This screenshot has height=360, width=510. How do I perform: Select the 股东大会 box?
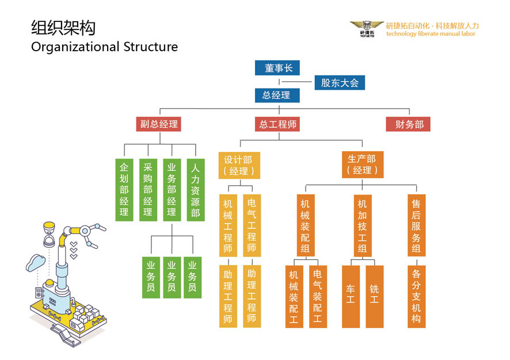coord(340,83)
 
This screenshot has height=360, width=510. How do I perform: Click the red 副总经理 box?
coord(159,124)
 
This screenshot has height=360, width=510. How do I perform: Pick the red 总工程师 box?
coord(279,124)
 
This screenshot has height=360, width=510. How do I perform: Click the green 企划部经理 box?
coord(124,190)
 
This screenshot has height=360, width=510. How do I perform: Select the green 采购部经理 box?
coord(148,190)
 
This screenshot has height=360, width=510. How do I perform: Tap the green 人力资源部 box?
coord(195,190)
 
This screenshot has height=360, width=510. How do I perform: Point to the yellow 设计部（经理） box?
coord(239,164)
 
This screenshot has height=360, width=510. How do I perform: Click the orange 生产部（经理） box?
coord(362,164)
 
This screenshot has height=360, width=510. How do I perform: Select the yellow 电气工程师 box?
coord(252,225)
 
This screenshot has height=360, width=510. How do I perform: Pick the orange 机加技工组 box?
coord(362,225)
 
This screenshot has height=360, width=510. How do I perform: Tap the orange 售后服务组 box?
coord(416,225)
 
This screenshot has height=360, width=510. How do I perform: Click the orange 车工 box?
coord(351,296)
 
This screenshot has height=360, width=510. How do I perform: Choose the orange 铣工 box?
coord(374,296)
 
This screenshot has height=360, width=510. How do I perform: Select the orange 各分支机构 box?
coord(416,296)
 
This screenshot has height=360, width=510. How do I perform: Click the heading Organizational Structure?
coord(104,47)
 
